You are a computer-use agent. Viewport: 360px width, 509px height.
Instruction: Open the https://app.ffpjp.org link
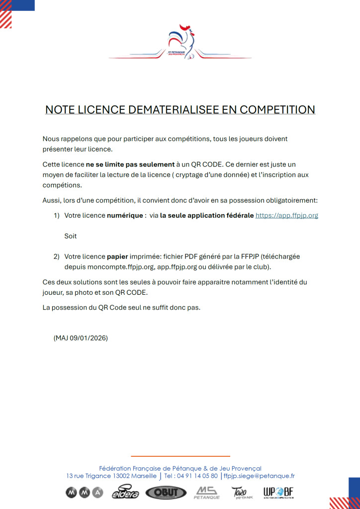(286, 216)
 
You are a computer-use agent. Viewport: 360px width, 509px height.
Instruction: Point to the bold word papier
(117, 257)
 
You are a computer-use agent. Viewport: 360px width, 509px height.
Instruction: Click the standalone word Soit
(71, 236)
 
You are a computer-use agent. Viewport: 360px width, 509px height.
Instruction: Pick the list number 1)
(56, 216)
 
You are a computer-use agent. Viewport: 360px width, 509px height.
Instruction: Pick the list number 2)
(56, 257)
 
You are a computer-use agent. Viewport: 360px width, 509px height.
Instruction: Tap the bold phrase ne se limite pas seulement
(130, 164)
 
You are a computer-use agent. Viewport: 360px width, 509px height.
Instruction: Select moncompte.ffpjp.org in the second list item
(113, 267)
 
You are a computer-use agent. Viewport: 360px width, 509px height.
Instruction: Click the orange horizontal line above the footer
(180, 456)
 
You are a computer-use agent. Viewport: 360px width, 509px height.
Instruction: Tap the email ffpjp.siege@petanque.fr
(259, 476)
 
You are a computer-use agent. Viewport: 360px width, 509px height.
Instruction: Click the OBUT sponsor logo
(166, 493)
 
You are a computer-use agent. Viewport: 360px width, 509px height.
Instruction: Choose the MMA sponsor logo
(84, 493)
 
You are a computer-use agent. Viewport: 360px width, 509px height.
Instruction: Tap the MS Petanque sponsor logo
(206, 493)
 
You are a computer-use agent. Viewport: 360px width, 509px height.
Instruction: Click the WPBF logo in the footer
(278, 493)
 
